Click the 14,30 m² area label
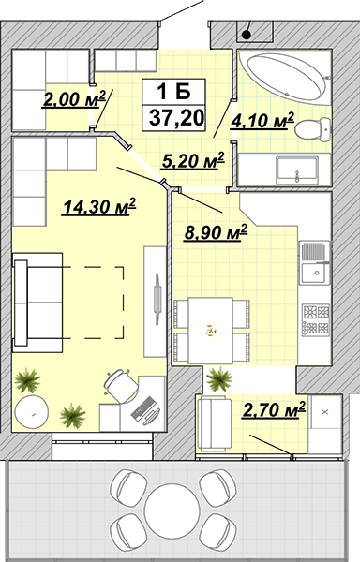(x=99, y=207)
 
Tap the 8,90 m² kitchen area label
(x=216, y=233)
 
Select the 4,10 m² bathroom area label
(x=262, y=121)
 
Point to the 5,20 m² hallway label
(x=193, y=160)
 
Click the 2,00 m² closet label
(x=74, y=98)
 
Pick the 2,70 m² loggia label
(x=275, y=409)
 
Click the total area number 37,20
(x=176, y=118)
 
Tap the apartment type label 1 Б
(x=173, y=92)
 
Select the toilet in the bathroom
(x=313, y=128)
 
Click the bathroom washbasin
(x=297, y=170)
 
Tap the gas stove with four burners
(x=316, y=319)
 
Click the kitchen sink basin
(x=315, y=274)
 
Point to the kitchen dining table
(x=211, y=330)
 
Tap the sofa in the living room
(x=37, y=303)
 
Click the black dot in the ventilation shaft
(x=247, y=35)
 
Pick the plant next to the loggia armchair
(x=219, y=378)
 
